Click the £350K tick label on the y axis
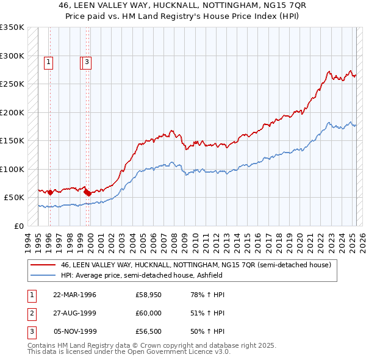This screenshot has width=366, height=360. (x=12, y=27)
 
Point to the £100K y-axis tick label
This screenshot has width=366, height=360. (x=12, y=169)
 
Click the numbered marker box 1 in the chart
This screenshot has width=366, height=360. (x=48, y=61)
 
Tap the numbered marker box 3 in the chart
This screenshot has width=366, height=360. (x=87, y=61)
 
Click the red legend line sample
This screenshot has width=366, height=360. (x=43, y=265)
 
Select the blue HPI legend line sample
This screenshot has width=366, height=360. (x=43, y=275)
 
